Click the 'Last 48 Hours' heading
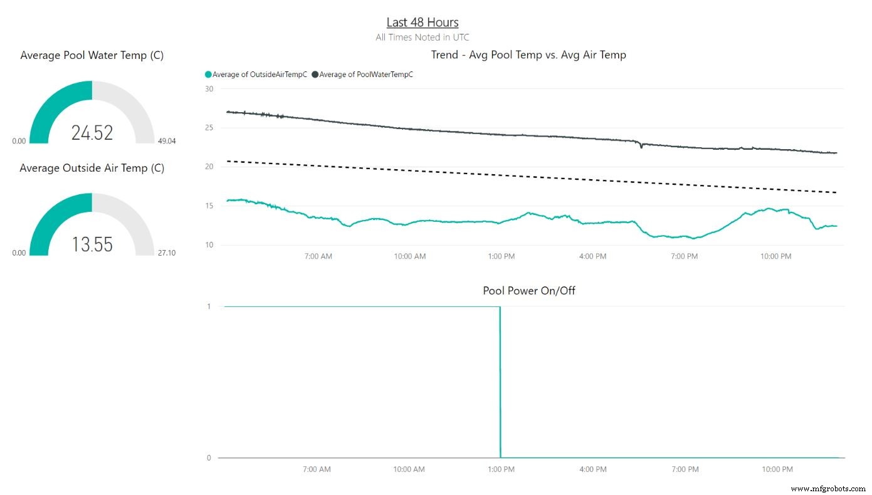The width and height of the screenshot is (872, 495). point(422,23)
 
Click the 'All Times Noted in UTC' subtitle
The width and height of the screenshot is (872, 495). point(422,38)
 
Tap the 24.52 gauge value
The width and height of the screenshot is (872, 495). point(92,133)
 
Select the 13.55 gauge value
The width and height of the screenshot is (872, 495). point(92,244)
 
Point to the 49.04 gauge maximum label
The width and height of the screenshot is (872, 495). point(167,141)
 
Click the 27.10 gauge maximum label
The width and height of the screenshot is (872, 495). point(167,253)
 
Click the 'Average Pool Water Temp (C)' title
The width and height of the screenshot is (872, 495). point(92,55)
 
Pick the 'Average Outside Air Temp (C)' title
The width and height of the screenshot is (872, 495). point(92,168)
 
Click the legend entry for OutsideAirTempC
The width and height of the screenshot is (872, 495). point(256,75)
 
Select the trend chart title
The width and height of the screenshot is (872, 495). point(528,55)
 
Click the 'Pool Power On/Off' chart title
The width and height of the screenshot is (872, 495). point(528,291)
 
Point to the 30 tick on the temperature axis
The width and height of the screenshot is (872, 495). point(209,89)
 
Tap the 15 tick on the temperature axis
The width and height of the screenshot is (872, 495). point(209,206)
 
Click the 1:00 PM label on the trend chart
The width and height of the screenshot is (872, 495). point(501,256)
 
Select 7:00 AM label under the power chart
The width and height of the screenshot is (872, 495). point(317,469)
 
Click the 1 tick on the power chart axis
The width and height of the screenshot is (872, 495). point(209,306)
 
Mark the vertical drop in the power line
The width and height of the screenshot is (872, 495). point(500,382)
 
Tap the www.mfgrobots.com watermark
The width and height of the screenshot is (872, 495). point(828,488)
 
